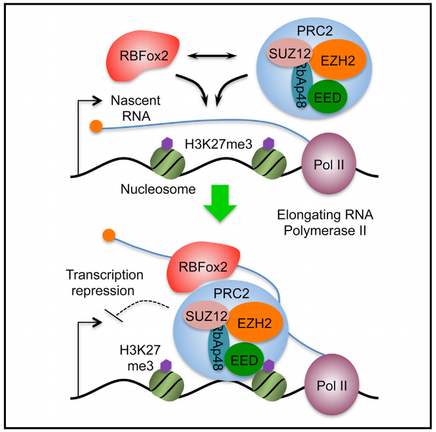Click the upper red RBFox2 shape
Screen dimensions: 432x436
(x=137, y=55)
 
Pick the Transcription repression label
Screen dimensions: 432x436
(x=105, y=282)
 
